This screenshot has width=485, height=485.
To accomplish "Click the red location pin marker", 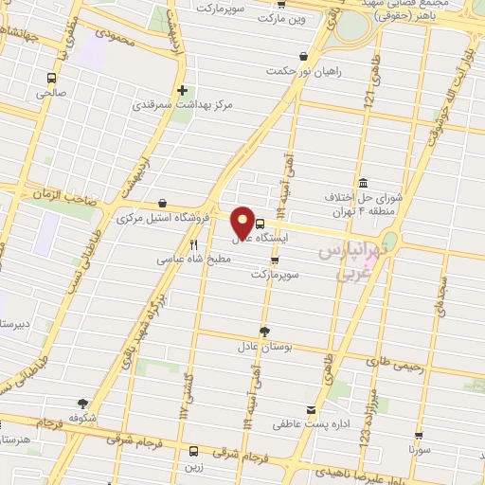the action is pos(242,222).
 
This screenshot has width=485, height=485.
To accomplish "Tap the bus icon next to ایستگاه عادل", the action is pos(260,224).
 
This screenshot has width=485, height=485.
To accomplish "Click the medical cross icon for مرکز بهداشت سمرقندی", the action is pos(182,91).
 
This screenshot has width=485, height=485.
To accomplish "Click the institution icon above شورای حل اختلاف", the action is pos(362,183).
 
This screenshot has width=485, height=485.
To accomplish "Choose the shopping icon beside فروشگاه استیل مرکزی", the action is pos(163,204).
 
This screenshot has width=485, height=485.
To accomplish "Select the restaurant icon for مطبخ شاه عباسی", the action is pos(193,242).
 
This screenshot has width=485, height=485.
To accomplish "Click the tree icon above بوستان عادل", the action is pos(264,332).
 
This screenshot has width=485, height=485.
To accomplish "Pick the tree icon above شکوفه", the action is pos(83,404).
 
